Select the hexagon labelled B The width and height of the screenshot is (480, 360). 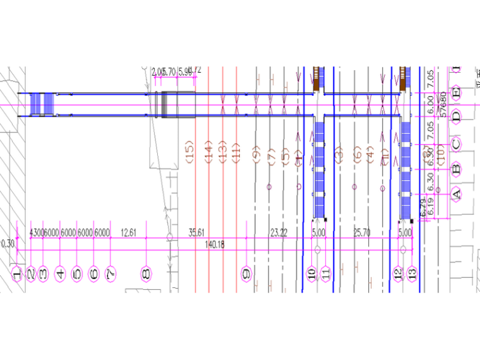(x=456, y=169)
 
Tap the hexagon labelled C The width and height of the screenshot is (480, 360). (x=456, y=144)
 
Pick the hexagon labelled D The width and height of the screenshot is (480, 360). (x=456, y=116)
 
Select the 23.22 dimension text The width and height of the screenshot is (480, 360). (x=279, y=233)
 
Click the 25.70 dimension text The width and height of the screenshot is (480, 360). (x=361, y=233)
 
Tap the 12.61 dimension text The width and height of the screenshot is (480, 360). (x=128, y=233)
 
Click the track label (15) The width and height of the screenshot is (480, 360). (x=188, y=152)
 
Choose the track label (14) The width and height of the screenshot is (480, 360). (x=207, y=152)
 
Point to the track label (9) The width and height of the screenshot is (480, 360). (x=256, y=153)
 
